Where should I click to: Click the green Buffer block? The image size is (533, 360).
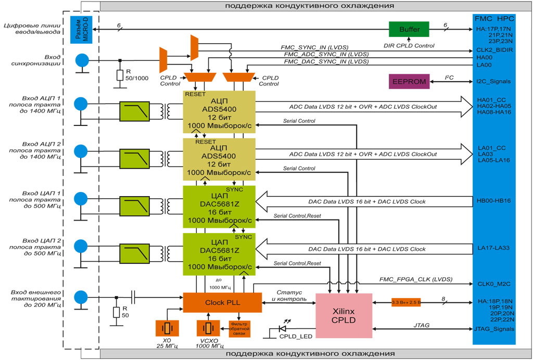pyautogui.click(x=409, y=29)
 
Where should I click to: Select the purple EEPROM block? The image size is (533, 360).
pyautogui.click(x=409, y=82)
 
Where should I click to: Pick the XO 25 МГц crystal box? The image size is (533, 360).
pyautogui.click(x=167, y=328)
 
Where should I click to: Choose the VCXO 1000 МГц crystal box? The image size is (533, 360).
pyautogui.click(x=208, y=328)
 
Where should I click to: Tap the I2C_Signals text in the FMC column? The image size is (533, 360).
pyautogui.click(x=493, y=82)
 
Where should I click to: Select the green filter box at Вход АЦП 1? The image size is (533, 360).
pyautogui.click(x=134, y=111)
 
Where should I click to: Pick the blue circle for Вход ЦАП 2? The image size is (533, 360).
pyautogui.click(x=81, y=246)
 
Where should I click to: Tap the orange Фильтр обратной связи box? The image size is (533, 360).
pyautogui.click(x=239, y=329)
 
